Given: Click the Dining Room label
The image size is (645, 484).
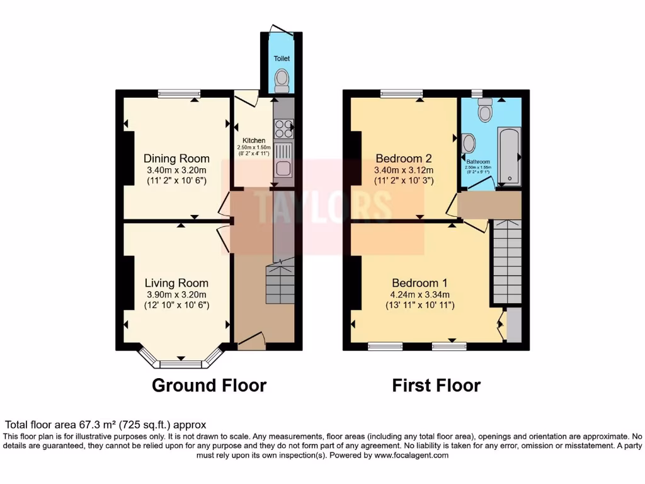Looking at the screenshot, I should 176,158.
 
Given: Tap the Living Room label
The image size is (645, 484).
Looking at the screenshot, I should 176,283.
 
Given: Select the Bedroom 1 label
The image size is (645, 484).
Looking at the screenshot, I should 420,282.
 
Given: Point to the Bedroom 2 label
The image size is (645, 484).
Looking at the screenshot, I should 403,158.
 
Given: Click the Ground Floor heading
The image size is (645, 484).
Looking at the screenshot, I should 209,385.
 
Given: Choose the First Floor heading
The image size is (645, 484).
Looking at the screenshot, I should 436,385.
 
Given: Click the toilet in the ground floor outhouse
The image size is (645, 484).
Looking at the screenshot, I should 282,81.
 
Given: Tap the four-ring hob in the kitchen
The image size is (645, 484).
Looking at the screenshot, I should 284,129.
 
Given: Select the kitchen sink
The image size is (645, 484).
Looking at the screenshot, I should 283,168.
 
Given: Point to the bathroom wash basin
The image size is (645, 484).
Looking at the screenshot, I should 468,143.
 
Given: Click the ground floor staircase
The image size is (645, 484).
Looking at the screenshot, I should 280,284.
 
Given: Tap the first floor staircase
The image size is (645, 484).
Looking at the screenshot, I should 507,261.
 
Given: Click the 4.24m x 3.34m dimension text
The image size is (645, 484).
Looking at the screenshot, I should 420,294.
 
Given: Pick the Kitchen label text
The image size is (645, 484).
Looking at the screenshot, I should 254,141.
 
